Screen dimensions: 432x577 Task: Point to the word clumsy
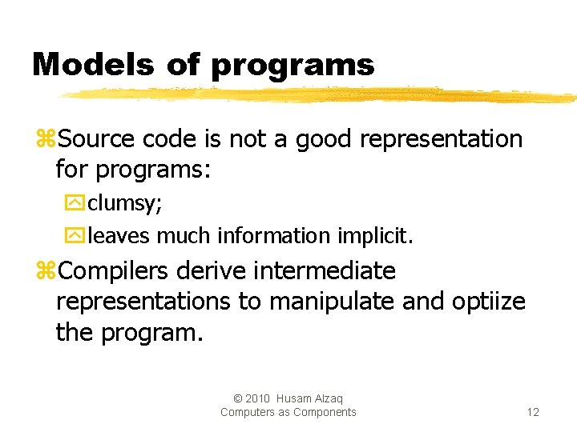[x=124, y=203]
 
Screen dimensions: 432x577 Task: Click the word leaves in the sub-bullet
[x=119, y=235]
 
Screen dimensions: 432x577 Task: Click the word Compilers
[x=113, y=272]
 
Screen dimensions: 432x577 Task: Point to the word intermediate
[x=324, y=271]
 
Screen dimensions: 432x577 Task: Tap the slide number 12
[x=533, y=412]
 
